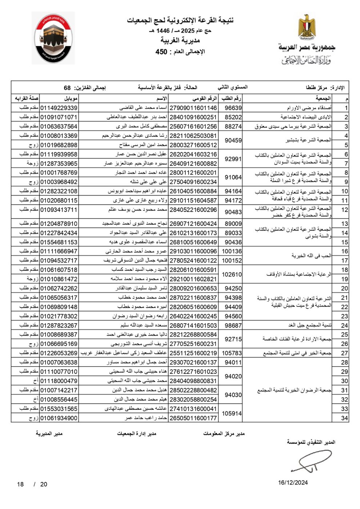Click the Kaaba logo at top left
(53, 39)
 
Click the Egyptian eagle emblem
(307, 27)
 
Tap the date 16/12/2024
(293, 482)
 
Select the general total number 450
(161, 52)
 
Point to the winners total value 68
(67, 88)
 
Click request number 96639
(233, 108)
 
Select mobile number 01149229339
(59, 108)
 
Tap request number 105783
(232, 353)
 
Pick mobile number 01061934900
(59, 418)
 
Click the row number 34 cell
(344, 418)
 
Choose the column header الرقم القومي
(204, 99)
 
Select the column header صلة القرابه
(27, 99)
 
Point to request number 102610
(232, 274)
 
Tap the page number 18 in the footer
(20, 484)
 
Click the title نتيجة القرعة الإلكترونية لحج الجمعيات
(180, 20)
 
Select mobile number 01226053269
(59, 353)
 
